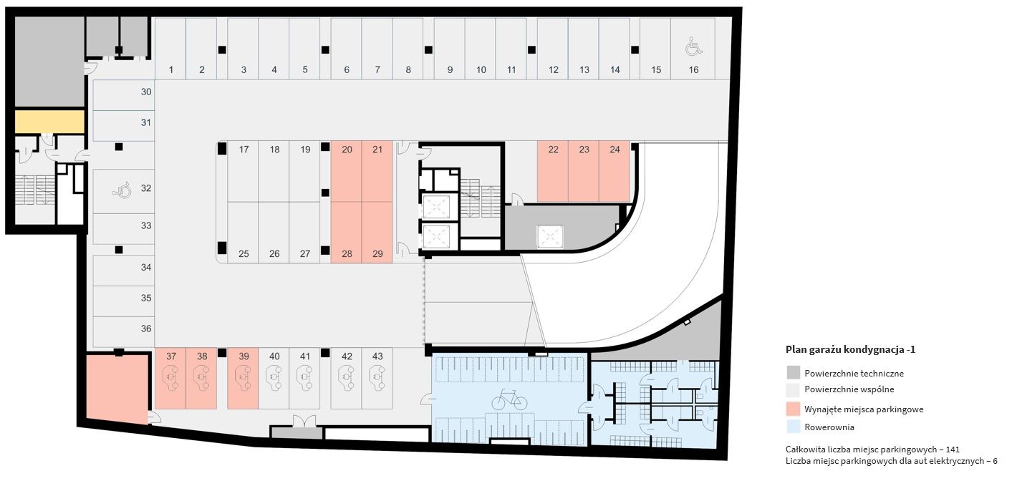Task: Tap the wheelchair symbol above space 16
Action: point(693,47)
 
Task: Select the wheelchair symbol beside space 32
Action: point(122,190)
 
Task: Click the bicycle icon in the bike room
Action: point(509,399)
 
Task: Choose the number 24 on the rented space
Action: point(615,150)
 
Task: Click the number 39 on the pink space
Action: point(244,356)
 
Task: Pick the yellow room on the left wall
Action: point(49,122)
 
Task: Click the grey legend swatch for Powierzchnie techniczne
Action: point(793,373)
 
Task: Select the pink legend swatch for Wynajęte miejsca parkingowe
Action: point(793,409)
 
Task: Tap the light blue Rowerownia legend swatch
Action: point(793,427)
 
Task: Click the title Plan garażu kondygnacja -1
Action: point(850,349)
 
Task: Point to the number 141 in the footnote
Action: point(952,450)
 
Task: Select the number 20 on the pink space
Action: point(347,150)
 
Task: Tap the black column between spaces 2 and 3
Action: point(222,49)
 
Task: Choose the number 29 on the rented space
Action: point(377,254)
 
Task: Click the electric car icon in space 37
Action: point(170,378)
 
